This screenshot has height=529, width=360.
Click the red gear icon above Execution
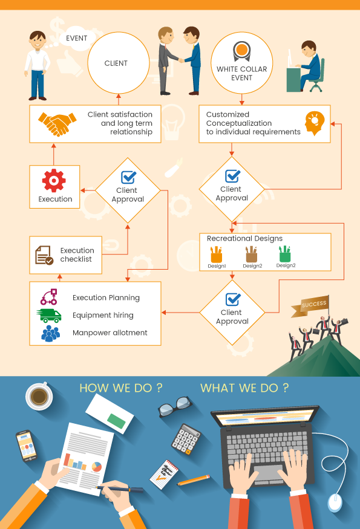point(54,181)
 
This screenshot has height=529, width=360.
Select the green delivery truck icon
point(49,316)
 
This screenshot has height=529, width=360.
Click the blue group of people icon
point(50,333)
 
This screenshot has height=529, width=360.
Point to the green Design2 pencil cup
point(285,254)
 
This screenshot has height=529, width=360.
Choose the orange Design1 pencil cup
point(216,254)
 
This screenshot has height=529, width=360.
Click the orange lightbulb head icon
point(315,123)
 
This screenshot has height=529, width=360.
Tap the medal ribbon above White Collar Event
point(242,51)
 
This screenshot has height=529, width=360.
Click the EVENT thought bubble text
point(77,38)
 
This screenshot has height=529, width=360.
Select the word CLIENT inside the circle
point(116,63)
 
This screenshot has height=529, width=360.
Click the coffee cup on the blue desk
point(39,396)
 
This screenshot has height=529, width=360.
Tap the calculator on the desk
point(186,440)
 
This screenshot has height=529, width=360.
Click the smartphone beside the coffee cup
point(27,446)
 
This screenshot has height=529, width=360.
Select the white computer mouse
point(335,502)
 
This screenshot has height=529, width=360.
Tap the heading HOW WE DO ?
point(121,388)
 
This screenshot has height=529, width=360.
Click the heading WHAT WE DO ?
point(244,388)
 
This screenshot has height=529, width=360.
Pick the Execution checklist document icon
point(44,255)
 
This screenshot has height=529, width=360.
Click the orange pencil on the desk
point(194,480)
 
